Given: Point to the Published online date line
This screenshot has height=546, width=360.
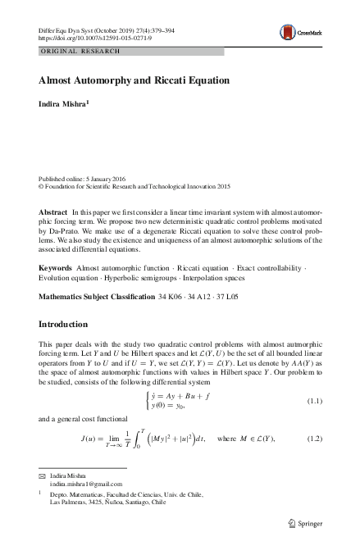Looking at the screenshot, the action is [x=91, y=177].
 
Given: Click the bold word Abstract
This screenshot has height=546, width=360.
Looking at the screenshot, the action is [x=53, y=212].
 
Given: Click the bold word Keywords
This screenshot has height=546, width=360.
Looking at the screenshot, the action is [x=56, y=268].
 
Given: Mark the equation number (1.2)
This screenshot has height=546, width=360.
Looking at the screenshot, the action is [x=316, y=440].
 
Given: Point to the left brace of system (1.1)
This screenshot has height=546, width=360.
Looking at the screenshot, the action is [x=145, y=398].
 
